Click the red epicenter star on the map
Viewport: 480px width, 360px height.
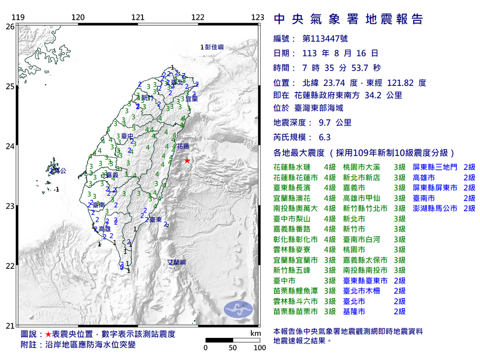pyautogui.click(x=187, y=161)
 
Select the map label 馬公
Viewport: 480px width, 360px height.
pyautogui.click(x=59, y=170)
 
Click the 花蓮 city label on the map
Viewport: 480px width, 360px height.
pyautogui.click(x=183, y=145)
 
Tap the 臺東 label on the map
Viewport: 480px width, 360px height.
pyautogui.click(x=155, y=220)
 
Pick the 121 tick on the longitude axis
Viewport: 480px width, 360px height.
pyautogui.click(x=138, y=18)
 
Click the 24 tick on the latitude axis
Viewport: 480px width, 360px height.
pyautogui.click(x=10, y=146)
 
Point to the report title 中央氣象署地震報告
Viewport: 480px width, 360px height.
pyautogui.click(x=348, y=19)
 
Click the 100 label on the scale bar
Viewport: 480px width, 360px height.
pyautogui.click(x=260, y=348)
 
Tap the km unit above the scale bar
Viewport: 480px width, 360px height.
pyautogui.click(x=255, y=333)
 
